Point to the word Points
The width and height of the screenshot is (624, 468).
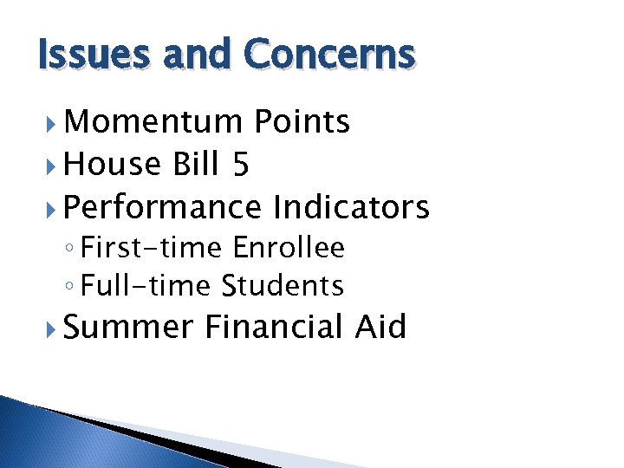coord(302,123)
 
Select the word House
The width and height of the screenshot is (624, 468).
coord(113,164)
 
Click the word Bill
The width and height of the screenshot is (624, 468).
coord(196,164)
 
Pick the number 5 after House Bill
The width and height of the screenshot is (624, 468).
coord(240,165)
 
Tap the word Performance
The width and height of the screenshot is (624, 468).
coord(162,207)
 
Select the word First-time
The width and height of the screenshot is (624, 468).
coord(153,249)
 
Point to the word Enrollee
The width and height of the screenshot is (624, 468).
coord(289,249)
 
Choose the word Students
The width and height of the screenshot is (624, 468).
coord(283,285)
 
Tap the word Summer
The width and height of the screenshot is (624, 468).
coord(128,328)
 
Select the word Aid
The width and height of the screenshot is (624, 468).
coord(380,327)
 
